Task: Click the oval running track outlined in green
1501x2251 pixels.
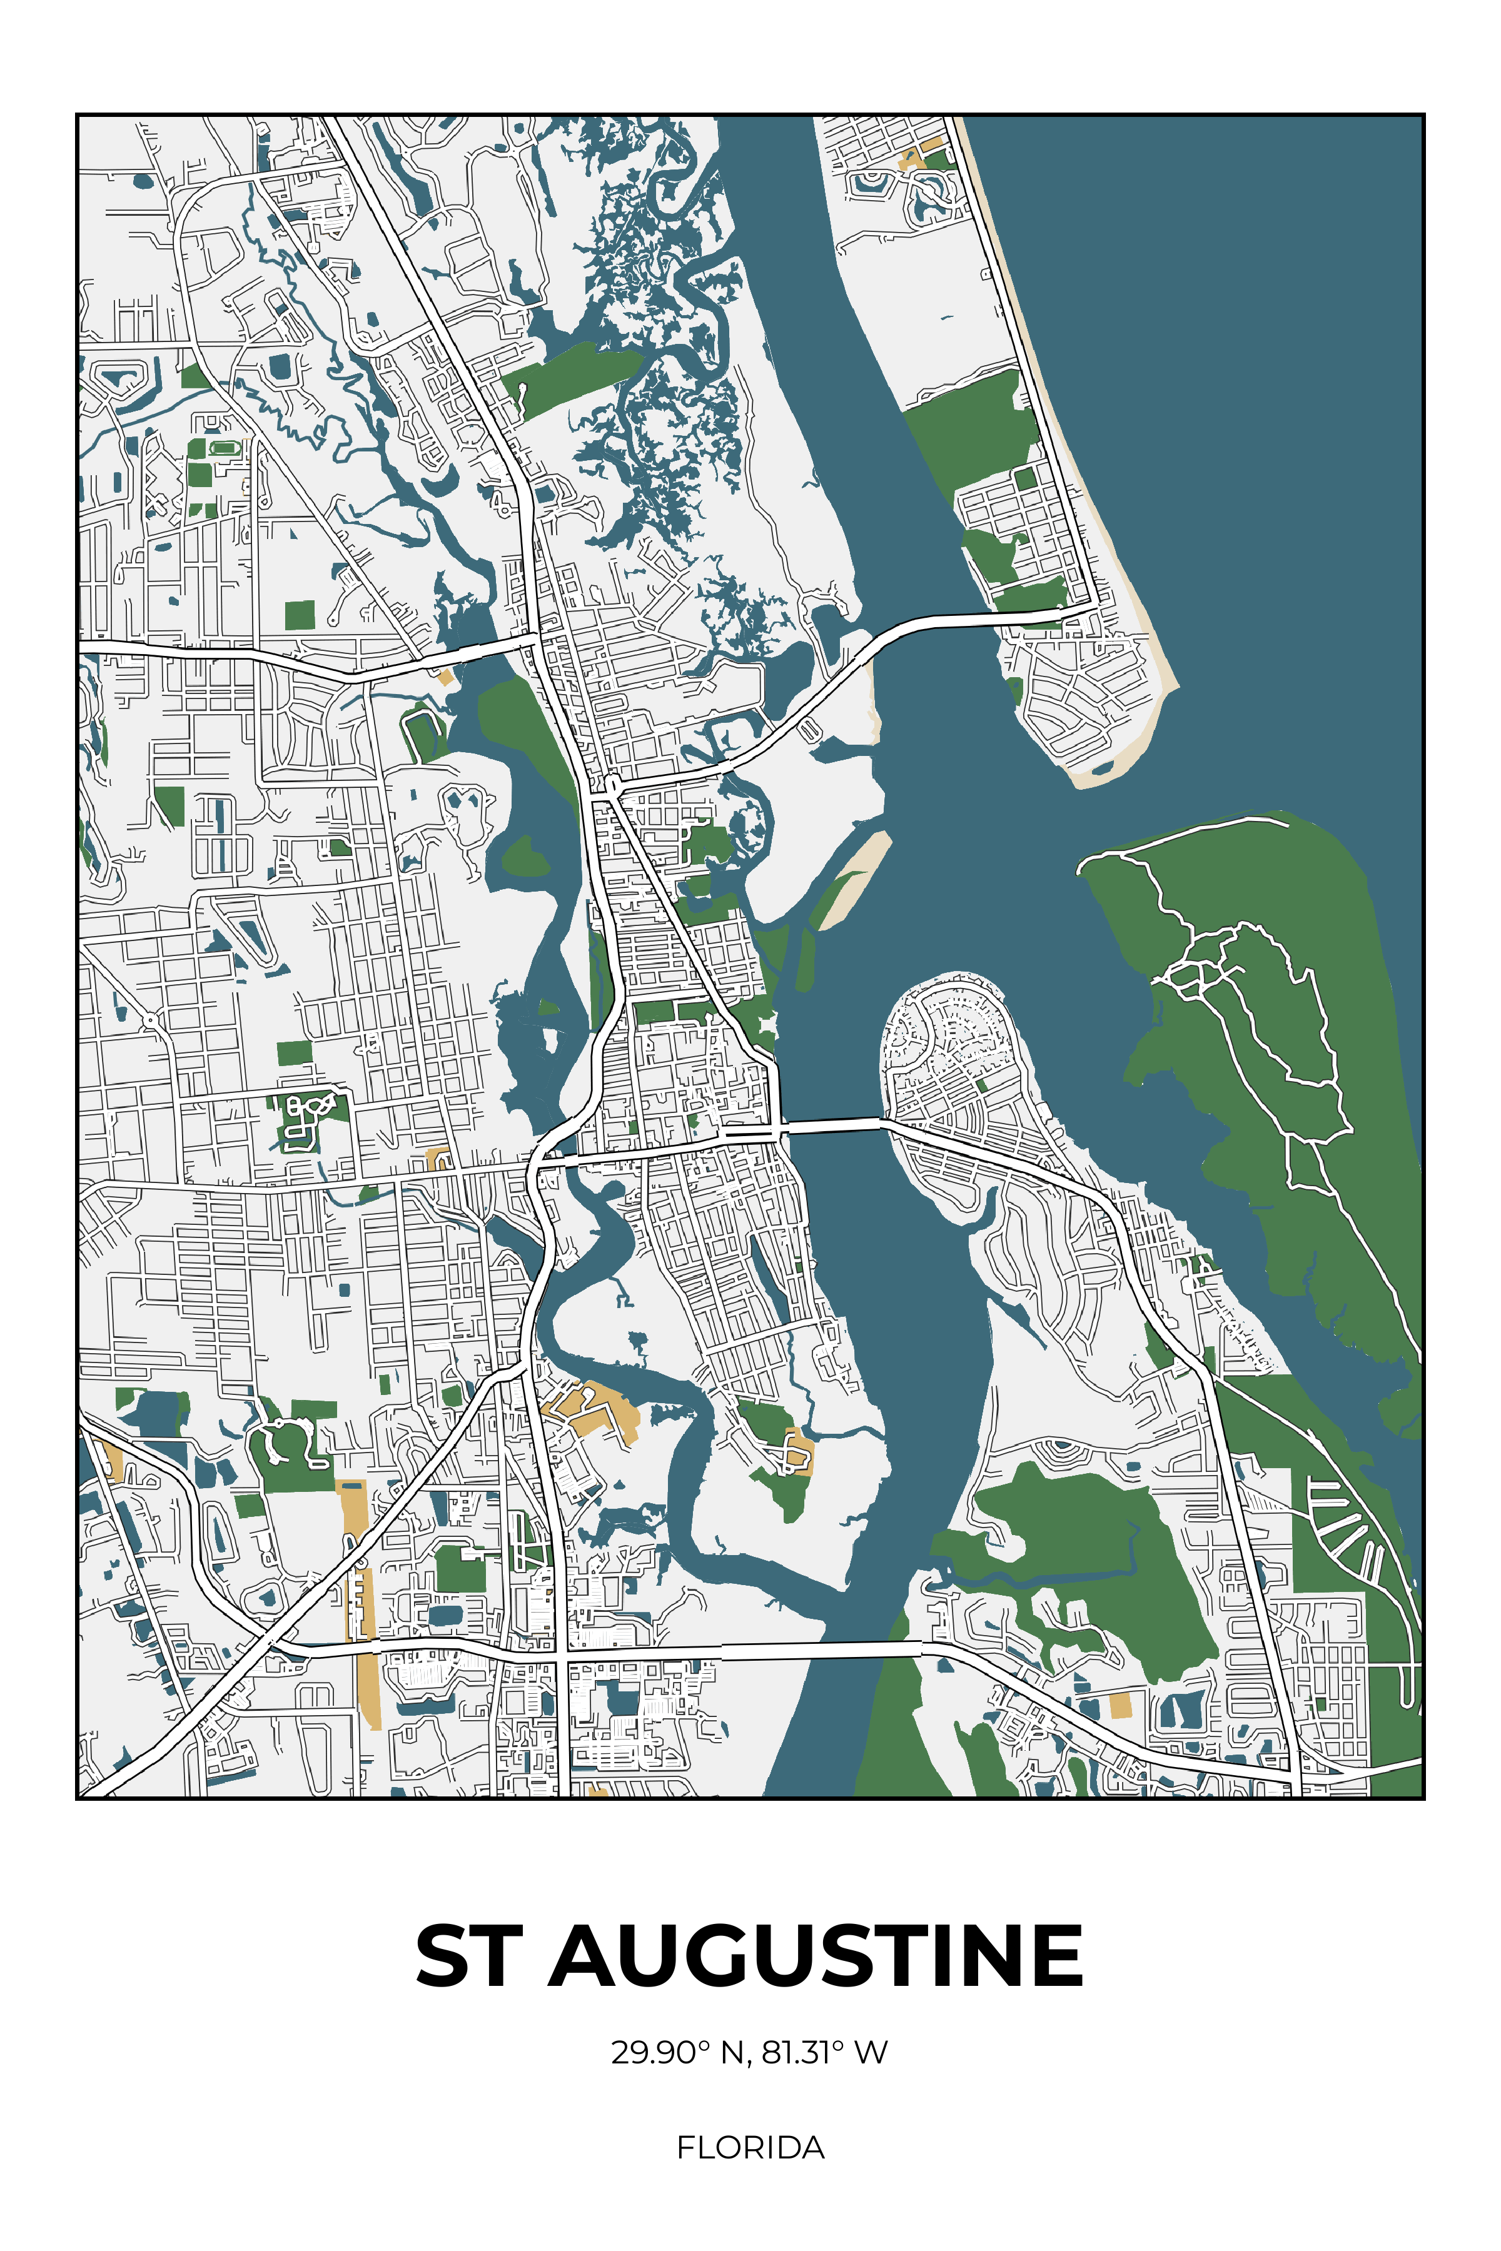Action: tap(224, 448)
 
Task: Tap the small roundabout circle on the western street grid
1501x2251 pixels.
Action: tap(151, 1022)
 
